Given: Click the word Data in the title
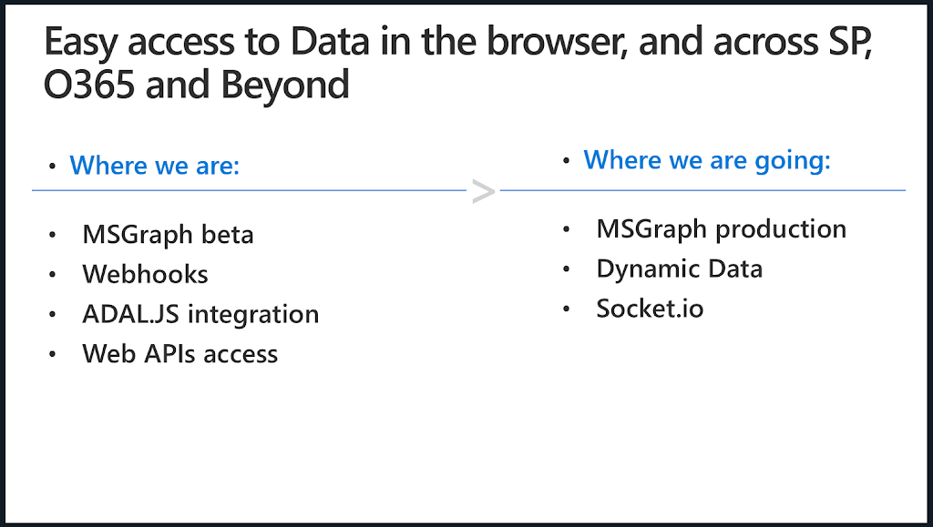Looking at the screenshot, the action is [330, 42].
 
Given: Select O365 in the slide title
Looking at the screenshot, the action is [89, 85].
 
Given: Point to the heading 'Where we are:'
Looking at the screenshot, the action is [155, 165].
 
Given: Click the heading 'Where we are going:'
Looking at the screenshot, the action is [707, 160].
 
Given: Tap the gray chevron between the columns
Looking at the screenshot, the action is [483, 191].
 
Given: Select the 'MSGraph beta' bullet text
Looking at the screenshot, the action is [168, 235].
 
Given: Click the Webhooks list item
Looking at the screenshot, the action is [145, 274].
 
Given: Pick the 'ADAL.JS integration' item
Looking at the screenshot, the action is [200, 314].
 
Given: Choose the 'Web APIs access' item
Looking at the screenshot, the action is [179, 353].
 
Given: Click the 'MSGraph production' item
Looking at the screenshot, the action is [722, 229].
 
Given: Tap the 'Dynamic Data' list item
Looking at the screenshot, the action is [680, 269].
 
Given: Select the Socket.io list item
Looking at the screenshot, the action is [650, 309].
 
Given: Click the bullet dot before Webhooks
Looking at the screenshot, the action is [52, 275].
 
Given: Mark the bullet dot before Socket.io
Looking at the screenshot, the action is [566, 309].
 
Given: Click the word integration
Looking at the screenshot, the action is [253, 315].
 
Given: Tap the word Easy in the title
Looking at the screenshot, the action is [80, 43].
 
